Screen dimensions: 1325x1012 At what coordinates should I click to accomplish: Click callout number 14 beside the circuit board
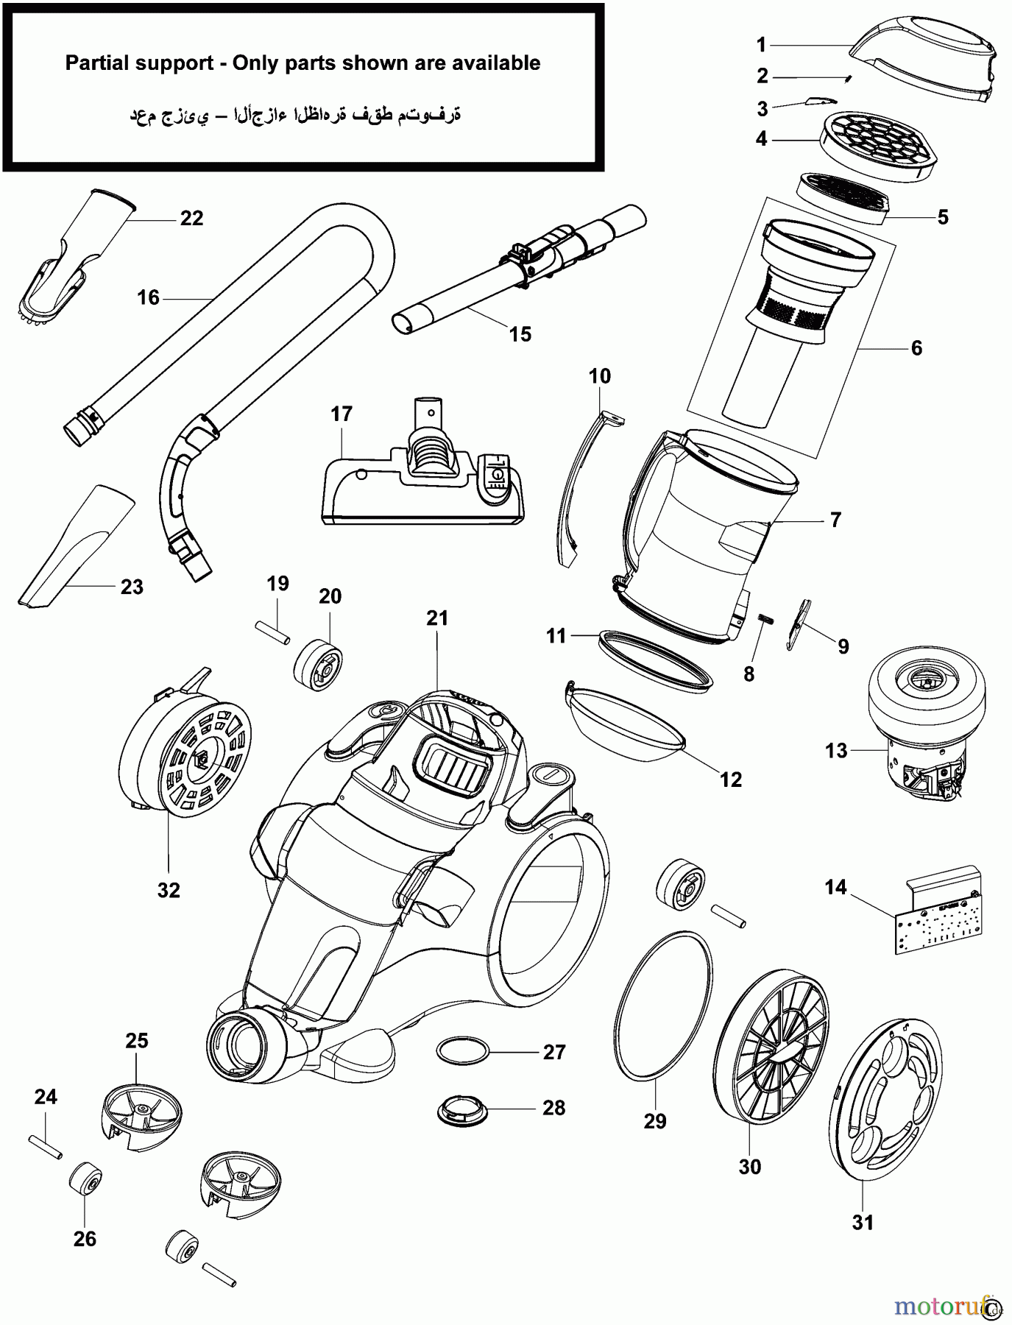[x=835, y=887]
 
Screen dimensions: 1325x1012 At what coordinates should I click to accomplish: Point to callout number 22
[x=191, y=218]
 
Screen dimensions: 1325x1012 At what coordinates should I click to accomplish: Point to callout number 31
[x=863, y=1223]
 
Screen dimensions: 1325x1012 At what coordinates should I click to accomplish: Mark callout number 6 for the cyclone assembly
[x=916, y=347]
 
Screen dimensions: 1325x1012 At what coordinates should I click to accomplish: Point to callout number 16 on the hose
[x=148, y=297]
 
